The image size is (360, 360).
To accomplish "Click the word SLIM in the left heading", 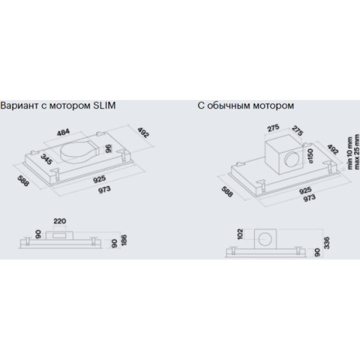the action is pyautogui.click(x=104, y=106).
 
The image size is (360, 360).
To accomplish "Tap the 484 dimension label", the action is pyautogui.click(x=64, y=133).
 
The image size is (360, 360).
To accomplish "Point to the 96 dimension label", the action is pyautogui.click(x=108, y=149).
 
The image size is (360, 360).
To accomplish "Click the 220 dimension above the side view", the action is pyautogui.click(x=59, y=221).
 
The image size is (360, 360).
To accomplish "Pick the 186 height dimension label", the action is pyautogui.click(x=124, y=240).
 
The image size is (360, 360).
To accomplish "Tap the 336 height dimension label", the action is pyautogui.click(x=326, y=242).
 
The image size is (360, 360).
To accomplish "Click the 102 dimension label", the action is pyautogui.click(x=240, y=234).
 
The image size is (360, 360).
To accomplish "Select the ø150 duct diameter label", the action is pyautogui.click(x=310, y=156).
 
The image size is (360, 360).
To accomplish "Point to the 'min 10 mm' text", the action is pyautogui.click(x=350, y=153).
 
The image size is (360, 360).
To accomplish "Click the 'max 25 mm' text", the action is pyautogui.click(x=356, y=152).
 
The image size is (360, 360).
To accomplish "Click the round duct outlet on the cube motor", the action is pyautogui.click(x=292, y=160).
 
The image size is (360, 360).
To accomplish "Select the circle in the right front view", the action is pyautogui.click(x=265, y=239).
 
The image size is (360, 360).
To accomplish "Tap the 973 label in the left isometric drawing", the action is pyautogui.click(x=104, y=190).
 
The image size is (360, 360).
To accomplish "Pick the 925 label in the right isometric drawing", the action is pyautogui.click(x=305, y=190).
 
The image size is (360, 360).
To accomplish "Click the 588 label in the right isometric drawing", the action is pyautogui.click(x=227, y=192).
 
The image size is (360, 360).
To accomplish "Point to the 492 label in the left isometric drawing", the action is pyautogui.click(x=143, y=133).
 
